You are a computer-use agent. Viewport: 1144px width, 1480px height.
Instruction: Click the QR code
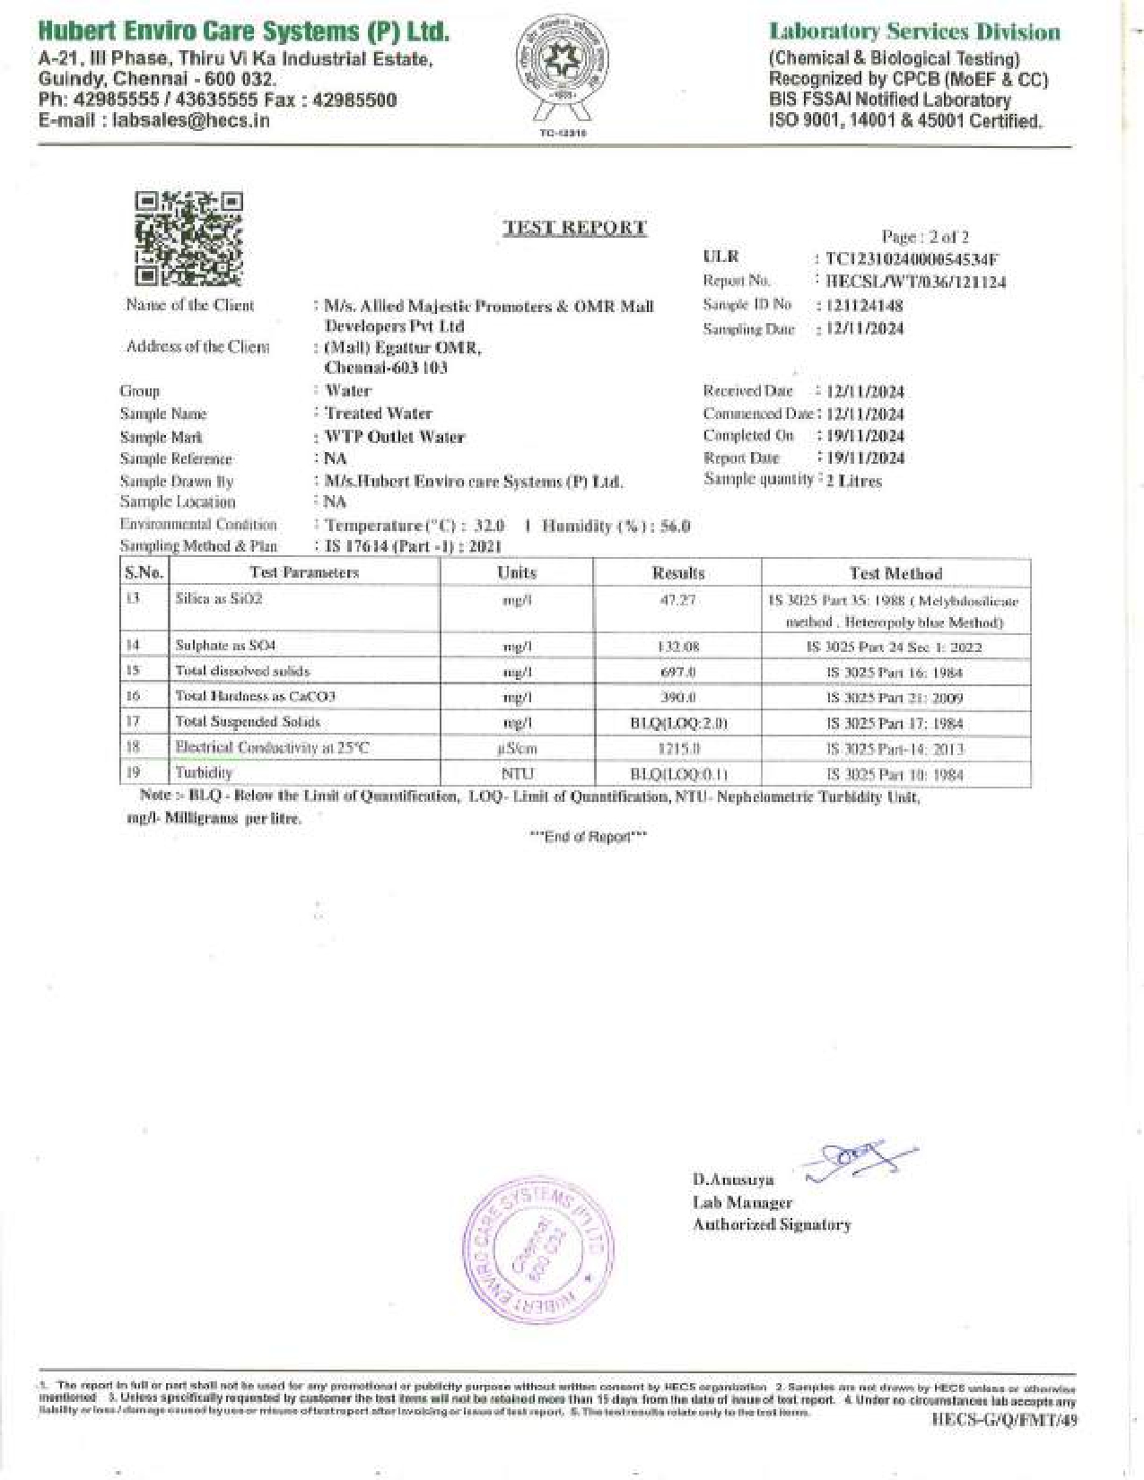[188, 239]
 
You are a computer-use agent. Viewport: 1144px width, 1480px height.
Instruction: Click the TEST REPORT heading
[575, 228]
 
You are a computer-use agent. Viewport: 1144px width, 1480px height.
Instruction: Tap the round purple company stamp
[539, 1251]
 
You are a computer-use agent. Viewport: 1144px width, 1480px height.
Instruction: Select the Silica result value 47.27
[677, 599]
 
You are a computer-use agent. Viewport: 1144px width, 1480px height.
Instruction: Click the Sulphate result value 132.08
[677, 646]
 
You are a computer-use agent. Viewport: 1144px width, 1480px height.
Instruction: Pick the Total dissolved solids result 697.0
[677, 671]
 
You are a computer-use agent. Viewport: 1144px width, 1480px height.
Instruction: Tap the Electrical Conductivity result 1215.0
[677, 748]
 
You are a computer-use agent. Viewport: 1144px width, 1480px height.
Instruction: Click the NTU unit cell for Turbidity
[517, 773]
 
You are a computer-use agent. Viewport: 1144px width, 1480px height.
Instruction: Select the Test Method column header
[895, 572]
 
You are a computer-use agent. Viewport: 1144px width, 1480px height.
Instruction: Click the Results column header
[677, 572]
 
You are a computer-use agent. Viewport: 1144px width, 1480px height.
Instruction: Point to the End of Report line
[588, 837]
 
